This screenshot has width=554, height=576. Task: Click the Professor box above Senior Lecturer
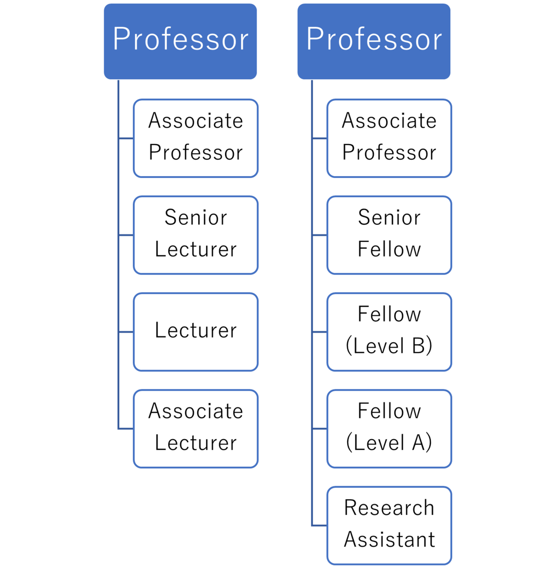180,41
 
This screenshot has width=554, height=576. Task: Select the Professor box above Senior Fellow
374,41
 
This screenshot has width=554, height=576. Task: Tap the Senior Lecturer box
196,235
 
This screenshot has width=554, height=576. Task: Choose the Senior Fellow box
389,235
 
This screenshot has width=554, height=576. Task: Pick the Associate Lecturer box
196,429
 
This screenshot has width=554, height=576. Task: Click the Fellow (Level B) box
389,332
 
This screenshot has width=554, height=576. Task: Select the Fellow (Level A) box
389,429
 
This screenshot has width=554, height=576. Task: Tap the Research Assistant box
389,526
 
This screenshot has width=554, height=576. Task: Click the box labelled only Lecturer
196,332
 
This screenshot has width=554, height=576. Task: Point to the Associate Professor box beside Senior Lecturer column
196,138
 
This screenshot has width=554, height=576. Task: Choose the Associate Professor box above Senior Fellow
389,138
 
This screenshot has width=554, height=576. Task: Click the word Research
389,508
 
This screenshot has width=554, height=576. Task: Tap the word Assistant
389,540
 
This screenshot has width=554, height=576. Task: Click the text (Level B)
389,346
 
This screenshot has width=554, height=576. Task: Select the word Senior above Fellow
389,217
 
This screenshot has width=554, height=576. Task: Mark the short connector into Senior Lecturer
126,235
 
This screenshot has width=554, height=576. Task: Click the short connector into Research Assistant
319,526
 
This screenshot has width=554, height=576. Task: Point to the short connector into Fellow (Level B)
319,332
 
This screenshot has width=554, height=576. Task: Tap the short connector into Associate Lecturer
126,429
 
